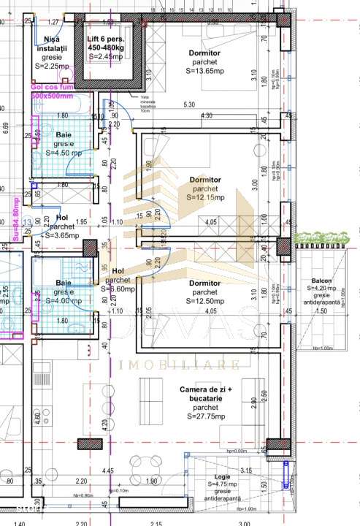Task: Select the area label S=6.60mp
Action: tap(118, 289)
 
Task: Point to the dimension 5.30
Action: tap(190, 104)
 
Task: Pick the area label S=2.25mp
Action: tap(53, 64)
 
